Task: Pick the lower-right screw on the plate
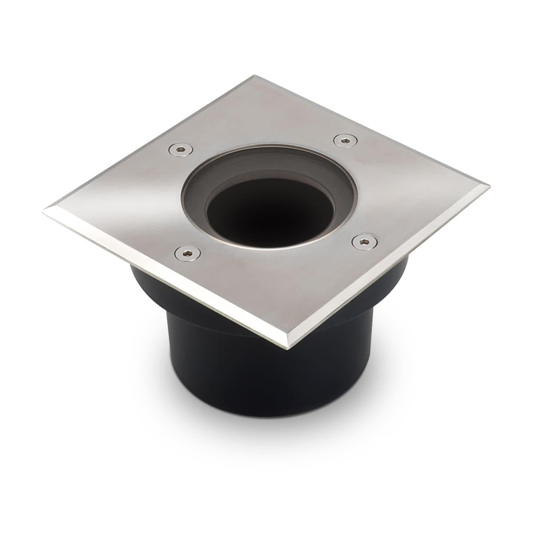point(361,241)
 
